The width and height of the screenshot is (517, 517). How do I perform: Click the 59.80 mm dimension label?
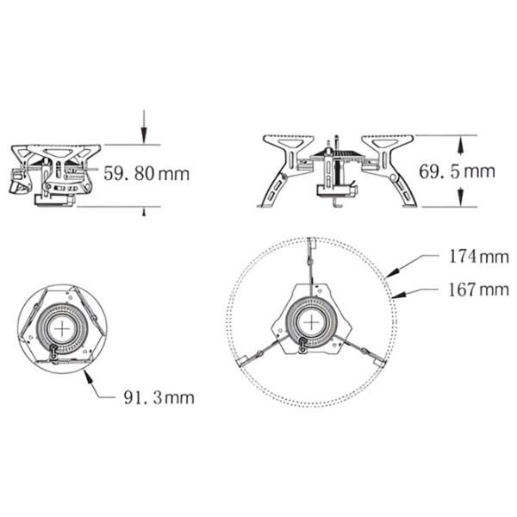click(146, 174)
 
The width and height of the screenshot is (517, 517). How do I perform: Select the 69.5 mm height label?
click(457, 171)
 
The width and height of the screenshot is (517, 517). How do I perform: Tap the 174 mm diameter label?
click(479, 257)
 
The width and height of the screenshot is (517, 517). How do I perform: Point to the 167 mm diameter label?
click(479, 290)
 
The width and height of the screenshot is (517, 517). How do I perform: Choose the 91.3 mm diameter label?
click(159, 397)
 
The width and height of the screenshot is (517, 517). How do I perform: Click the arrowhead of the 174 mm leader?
click(393, 272)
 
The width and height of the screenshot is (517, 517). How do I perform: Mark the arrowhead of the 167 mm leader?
click(398, 295)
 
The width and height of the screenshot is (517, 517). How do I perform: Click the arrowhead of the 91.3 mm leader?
click(87, 377)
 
